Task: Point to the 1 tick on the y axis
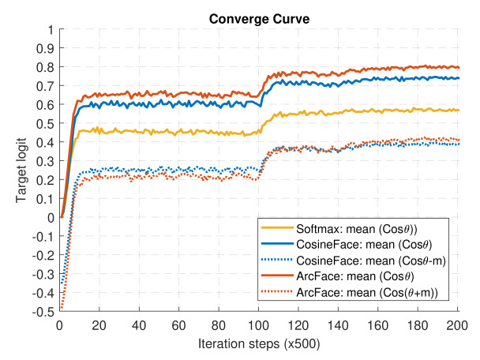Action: click(x=51, y=29)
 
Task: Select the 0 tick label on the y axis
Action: click(x=51, y=217)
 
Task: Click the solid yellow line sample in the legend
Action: click(x=276, y=229)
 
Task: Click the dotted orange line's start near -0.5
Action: click(x=62, y=309)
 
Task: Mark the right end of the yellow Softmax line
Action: click(x=459, y=110)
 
